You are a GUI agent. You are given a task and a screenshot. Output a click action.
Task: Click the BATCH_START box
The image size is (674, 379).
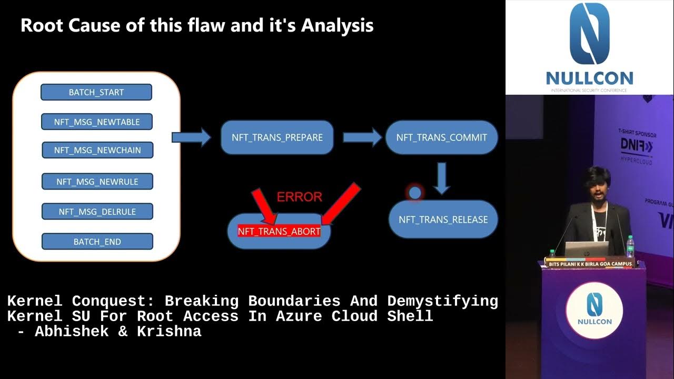point(96,92)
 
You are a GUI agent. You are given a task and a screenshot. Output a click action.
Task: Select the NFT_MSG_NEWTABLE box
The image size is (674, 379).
point(97,122)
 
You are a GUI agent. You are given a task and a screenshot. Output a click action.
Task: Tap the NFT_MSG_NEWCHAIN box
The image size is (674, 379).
point(97,150)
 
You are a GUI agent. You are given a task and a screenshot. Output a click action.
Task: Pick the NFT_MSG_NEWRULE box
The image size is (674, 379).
point(97,182)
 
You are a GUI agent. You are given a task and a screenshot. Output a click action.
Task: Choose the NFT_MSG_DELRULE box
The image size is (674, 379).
point(97,212)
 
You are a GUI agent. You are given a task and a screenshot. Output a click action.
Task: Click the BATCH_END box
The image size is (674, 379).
point(97,242)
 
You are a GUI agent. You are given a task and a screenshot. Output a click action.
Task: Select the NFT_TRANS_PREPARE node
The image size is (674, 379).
point(277,137)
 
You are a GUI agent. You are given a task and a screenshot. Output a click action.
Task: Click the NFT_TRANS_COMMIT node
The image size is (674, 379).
point(442,137)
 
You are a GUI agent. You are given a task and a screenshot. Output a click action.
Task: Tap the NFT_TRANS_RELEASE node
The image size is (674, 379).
point(443,220)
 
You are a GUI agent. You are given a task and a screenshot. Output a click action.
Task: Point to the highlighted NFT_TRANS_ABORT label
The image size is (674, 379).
point(279,231)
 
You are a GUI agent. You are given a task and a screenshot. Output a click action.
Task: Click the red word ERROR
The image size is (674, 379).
point(299,197)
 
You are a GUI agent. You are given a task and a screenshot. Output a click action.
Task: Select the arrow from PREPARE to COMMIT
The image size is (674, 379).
point(362,137)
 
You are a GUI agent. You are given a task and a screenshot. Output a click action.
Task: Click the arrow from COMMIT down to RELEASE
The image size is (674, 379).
point(442,178)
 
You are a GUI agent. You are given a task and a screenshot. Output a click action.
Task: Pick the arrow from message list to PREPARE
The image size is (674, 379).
point(191,137)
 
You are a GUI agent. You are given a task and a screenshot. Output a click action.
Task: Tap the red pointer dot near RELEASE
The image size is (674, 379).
point(415,193)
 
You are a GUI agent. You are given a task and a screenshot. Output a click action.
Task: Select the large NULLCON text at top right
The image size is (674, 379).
point(589,79)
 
